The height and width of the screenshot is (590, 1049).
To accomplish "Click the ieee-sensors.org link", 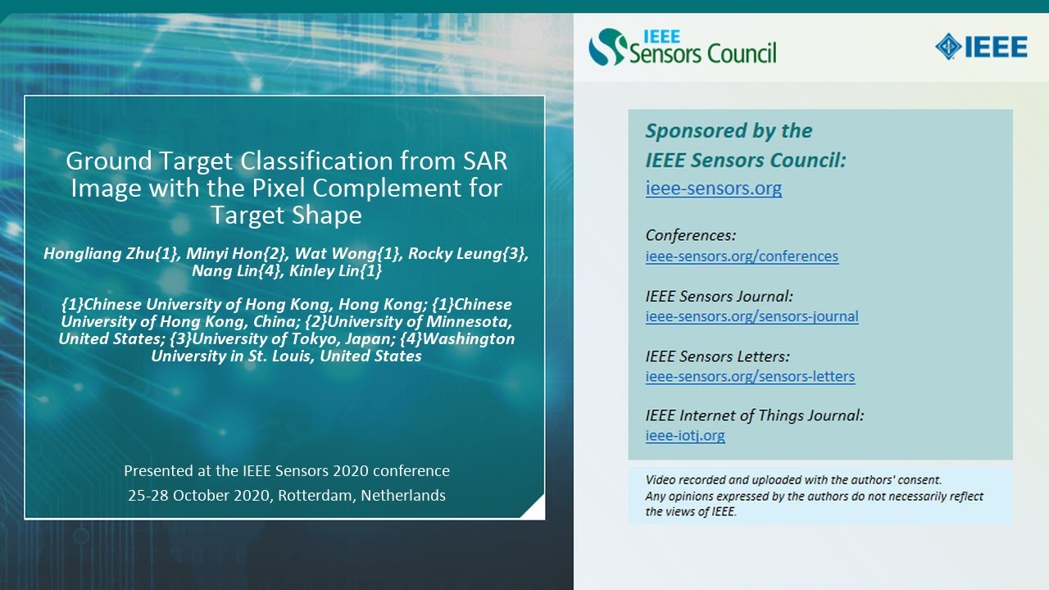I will (x=713, y=188).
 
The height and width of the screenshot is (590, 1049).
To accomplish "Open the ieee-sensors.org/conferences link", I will (x=742, y=256).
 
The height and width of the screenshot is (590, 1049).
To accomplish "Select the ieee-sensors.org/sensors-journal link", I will (x=752, y=316).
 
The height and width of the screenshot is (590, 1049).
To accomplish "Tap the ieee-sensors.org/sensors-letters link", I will (x=750, y=377).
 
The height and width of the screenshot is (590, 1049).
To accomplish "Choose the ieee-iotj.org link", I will (x=685, y=436).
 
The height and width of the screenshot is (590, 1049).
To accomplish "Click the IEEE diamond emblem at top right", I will (x=949, y=47).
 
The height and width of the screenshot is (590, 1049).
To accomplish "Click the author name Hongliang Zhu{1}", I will (x=111, y=253).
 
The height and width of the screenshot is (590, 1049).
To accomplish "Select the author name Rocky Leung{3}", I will (x=468, y=253).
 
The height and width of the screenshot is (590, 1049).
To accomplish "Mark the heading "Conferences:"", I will (x=691, y=235).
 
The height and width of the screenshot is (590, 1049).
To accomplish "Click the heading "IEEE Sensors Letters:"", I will (x=717, y=356).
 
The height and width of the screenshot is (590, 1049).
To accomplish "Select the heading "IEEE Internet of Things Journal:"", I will (x=754, y=415).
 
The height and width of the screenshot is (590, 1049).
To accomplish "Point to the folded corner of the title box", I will (x=534, y=509).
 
